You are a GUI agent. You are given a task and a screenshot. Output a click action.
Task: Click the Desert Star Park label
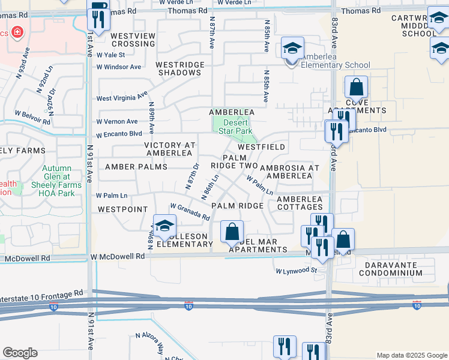coord(234,125)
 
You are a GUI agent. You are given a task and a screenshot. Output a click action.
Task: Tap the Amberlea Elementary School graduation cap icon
coord(292,48)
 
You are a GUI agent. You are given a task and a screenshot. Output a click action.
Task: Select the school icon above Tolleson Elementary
coord(164,226)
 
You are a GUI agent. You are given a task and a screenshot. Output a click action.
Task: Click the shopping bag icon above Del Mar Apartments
coord(232,231)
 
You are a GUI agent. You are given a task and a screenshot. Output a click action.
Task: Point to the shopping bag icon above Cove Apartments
coord(356,87)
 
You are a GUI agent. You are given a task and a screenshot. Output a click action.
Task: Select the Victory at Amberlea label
coord(170,149)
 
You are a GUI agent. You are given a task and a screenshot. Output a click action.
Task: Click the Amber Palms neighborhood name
coord(136,166)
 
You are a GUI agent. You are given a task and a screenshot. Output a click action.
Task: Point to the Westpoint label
coord(122,209)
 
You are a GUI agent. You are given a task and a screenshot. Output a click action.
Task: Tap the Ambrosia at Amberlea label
coord(289,171)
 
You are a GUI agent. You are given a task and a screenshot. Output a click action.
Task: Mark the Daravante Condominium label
coord(391,268)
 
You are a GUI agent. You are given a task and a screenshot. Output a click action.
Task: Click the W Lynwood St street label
coord(296,271)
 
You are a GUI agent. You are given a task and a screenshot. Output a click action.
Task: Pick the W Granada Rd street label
coord(190,211)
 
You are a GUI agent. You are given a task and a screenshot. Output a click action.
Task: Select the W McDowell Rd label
coord(118,256)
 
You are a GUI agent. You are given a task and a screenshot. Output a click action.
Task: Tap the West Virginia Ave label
coord(122,97)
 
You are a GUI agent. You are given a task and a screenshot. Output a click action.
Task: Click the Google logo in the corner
coord(20,353)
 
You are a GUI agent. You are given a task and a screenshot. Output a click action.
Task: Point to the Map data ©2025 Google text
coord(411,355)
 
